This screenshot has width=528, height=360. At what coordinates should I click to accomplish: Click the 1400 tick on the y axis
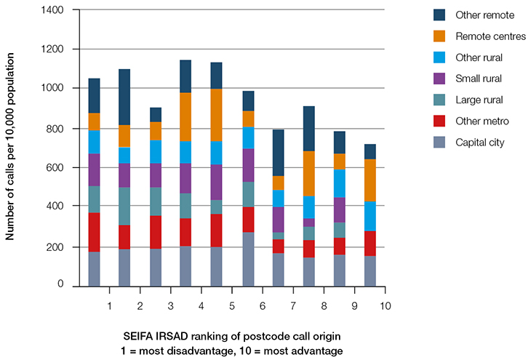pyautogui.click(x=52, y=10)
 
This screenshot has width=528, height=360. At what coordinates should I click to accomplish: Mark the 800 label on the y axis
pyautogui.click(x=55, y=129)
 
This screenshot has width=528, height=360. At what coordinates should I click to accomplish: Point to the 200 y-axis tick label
pyautogui.click(x=55, y=247)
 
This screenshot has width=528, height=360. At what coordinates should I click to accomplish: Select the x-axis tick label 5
pyautogui.click(x=231, y=306)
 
